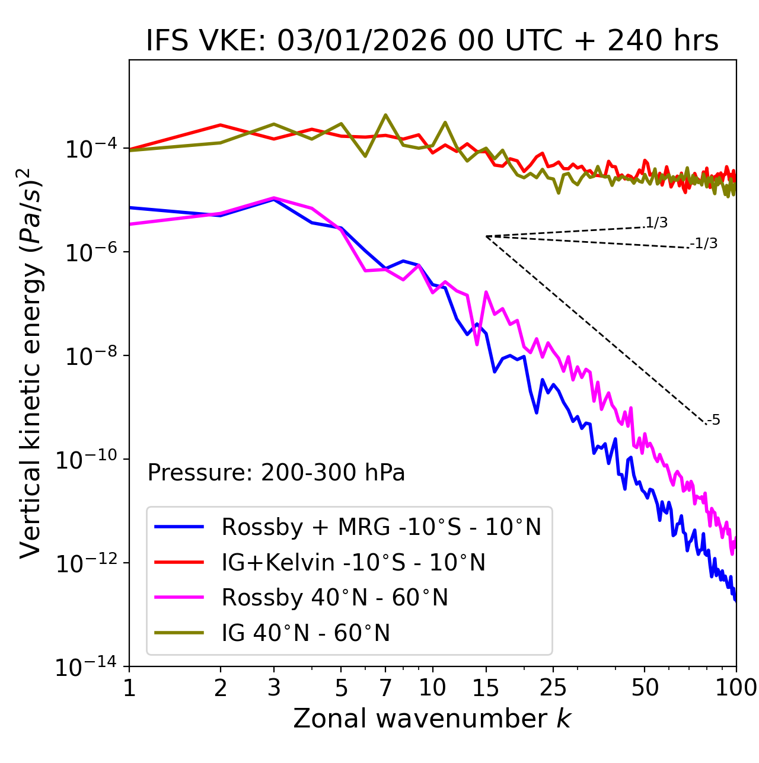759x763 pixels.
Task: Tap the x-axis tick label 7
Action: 385,688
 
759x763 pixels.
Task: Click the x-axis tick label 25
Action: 553,688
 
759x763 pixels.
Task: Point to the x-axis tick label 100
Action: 736,688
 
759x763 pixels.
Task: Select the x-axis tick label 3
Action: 274,688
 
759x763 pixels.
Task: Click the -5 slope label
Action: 714,421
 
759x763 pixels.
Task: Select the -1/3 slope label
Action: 704,243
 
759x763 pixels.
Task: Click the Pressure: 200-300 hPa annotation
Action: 276,473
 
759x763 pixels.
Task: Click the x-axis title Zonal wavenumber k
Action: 432,719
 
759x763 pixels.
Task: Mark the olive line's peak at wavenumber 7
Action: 385,115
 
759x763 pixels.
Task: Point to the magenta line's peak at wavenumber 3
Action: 274,198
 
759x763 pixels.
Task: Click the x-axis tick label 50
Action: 645,688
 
